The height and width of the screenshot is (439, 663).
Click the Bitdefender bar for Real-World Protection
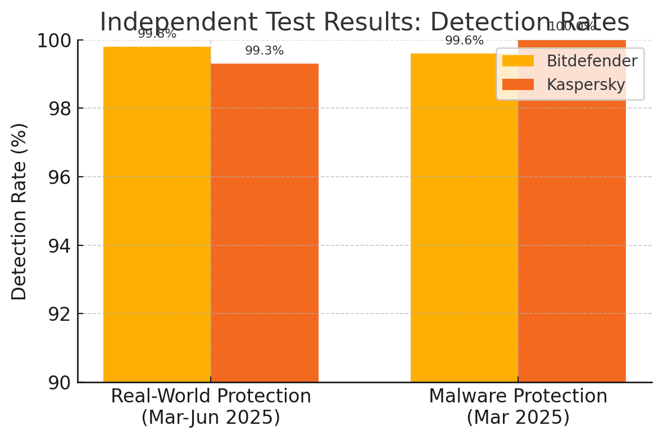[157, 214]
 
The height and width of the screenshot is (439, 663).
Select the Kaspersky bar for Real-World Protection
[265, 222]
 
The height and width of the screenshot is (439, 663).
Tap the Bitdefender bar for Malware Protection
[464, 219]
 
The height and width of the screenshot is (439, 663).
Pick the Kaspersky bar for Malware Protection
[572, 236]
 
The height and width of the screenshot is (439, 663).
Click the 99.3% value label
[264, 51]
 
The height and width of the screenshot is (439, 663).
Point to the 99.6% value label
[464, 41]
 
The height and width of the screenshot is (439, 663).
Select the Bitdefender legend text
[592, 61]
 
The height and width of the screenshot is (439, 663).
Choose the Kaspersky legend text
[586, 84]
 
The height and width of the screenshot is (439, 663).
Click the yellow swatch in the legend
[517, 61]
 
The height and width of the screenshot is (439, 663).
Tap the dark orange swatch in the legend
[517, 84]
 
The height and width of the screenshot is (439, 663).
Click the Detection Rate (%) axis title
[19, 211]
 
